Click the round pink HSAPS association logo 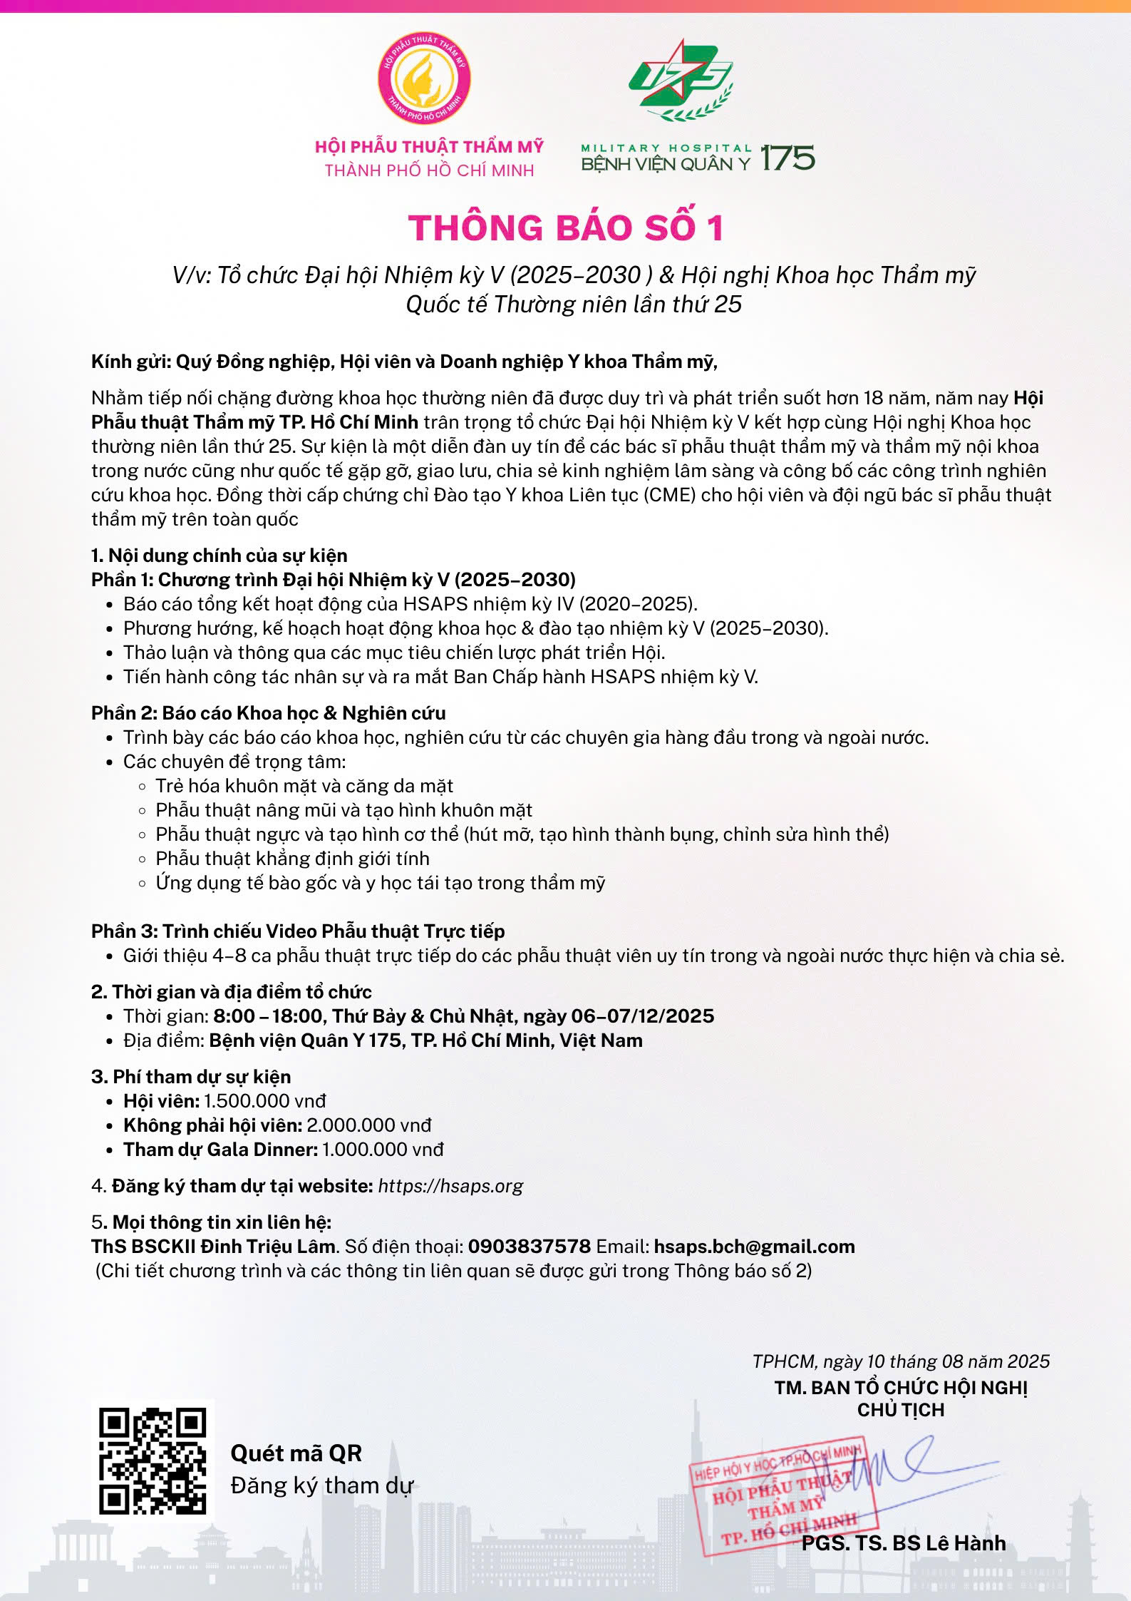(x=424, y=78)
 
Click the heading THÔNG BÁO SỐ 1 (x=567, y=228)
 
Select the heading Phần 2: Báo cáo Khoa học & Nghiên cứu (x=268, y=713)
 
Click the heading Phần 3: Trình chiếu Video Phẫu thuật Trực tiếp (x=298, y=931)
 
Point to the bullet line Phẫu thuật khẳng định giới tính (x=292, y=859)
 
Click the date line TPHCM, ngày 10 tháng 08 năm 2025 (x=901, y=1361)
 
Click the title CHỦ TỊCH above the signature (x=901, y=1410)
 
